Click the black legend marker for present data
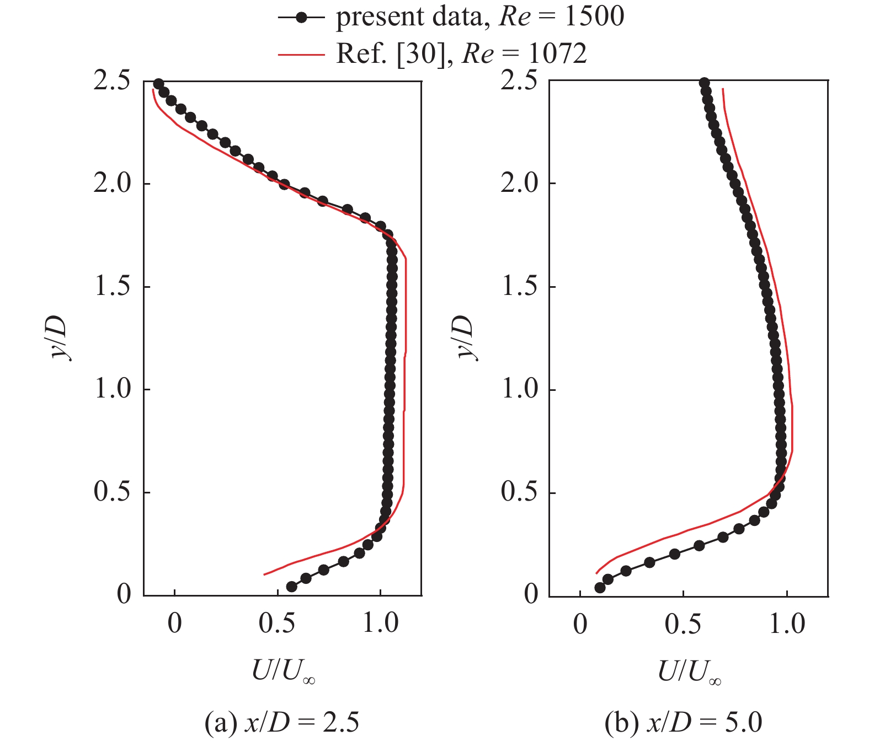tap(301, 18)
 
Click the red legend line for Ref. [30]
tap(301, 54)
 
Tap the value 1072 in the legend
tap(557, 53)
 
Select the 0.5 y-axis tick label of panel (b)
tap(520, 492)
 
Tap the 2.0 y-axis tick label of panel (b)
tap(520, 183)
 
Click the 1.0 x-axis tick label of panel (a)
tap(381, 623)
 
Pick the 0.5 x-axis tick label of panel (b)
tap(683, 624)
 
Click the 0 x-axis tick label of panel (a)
tap(174, 623)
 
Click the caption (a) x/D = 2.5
tap(282, 722)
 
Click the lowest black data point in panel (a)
tap(291, 587)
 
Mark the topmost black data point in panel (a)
tap(158, 84)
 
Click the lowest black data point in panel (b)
tap(600, 588)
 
